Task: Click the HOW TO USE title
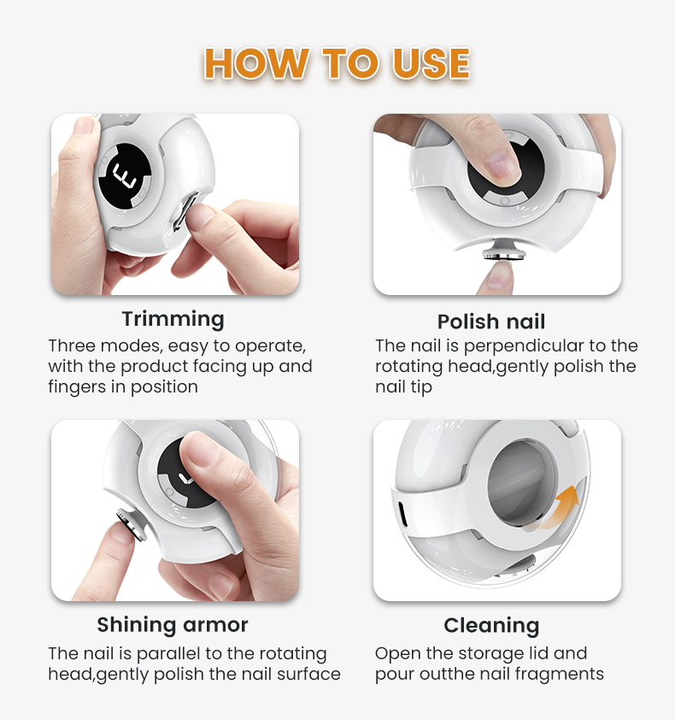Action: pyautogui.click(x=337, y=63)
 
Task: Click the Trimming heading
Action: pyautogui.click(x=173, y=319)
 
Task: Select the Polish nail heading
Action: pyautogui.click(x=491, y=322)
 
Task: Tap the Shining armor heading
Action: pyautogui.click(x=173, y=624)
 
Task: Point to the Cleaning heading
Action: pyautogui.click(x=491, y=626)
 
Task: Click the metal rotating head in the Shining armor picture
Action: pyautogui.click(x=131, y=523)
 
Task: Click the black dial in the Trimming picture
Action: pyautogui.click(x=125, y=175)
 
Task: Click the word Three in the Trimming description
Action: pyautogui.click(x=72, y=345)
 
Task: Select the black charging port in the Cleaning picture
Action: pyautogui.click(x=402, y=514)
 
